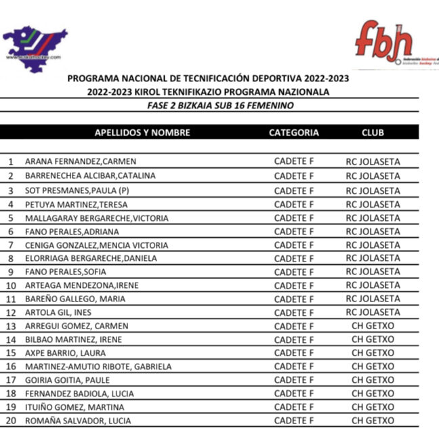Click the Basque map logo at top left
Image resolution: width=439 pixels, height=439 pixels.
tap(35, 45)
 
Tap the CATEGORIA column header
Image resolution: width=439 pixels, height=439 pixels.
tap(293, 133)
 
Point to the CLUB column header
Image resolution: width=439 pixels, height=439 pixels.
tap(373, 133)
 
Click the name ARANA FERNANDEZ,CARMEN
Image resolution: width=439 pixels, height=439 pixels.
tap(81, 162)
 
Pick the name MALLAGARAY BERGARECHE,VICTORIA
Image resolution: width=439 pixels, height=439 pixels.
tap(96, 218)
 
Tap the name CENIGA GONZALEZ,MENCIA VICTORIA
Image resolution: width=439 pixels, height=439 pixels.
tap(96, 245)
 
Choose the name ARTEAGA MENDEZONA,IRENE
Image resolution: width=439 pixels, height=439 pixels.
tap(81, 285)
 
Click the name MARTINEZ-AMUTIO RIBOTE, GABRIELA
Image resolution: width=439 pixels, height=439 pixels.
tap(98, 367)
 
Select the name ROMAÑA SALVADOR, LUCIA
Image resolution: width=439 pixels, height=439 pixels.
tap(78, 421)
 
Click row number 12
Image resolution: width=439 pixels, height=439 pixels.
tap(10, 312)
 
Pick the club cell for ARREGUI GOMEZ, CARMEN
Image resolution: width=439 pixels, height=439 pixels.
tap(373, 326)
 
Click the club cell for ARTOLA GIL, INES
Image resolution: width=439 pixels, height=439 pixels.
tap(373, 312)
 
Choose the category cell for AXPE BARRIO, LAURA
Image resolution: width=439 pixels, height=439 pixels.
tap(294, 353)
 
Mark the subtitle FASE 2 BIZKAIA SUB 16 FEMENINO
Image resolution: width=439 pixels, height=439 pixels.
tap(220, 106)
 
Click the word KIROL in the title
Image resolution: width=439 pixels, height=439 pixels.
tap(157, 92)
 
